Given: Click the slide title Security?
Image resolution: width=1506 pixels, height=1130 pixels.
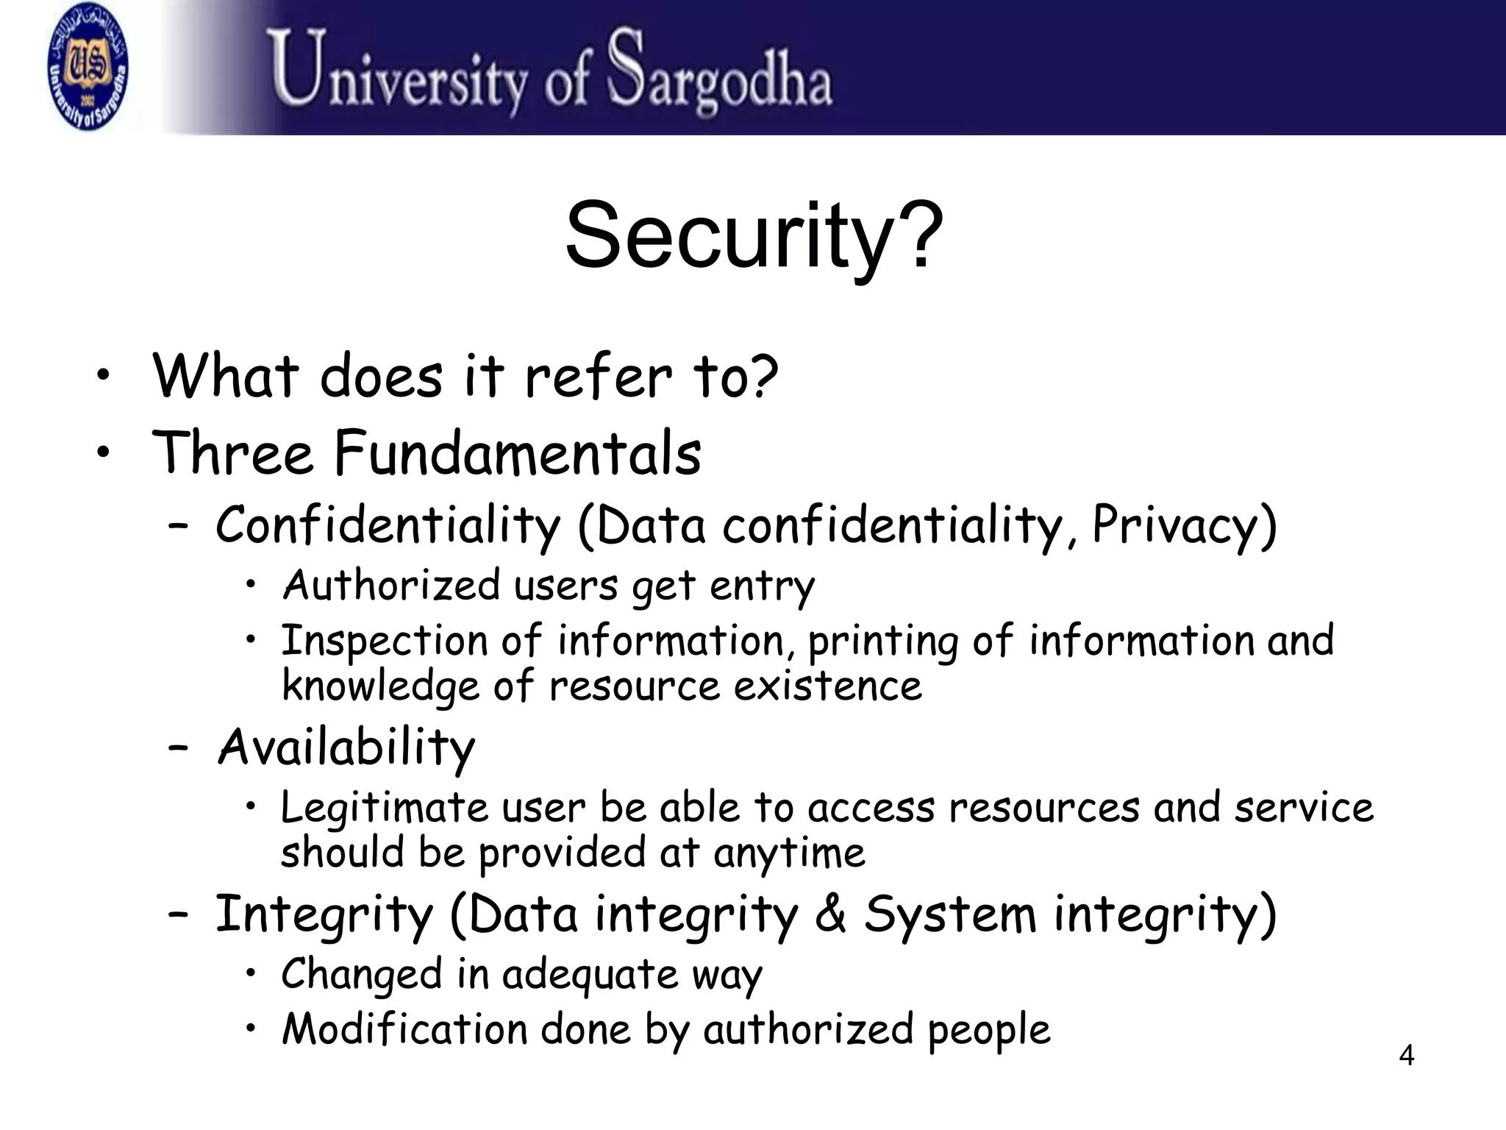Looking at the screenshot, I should pos(754,236).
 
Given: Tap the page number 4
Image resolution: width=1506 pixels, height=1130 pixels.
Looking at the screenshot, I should pos(1406,1056).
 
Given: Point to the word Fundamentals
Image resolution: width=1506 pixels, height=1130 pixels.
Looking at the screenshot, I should pos(518,453).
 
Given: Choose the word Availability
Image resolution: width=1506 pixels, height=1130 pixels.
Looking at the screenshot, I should pos(346,747).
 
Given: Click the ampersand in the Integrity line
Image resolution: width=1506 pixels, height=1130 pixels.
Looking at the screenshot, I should pos(830,914).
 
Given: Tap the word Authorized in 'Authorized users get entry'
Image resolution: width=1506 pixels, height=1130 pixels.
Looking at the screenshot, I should pos(391,586).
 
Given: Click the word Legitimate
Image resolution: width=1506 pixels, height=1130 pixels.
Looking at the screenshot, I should pos(385,808).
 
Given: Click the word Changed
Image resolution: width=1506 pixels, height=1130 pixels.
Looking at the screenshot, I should pos(361,975).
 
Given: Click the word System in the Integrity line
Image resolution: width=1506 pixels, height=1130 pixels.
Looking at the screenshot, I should pos(949,914).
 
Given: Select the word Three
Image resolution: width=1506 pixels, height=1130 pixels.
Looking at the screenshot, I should pos(232,453).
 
